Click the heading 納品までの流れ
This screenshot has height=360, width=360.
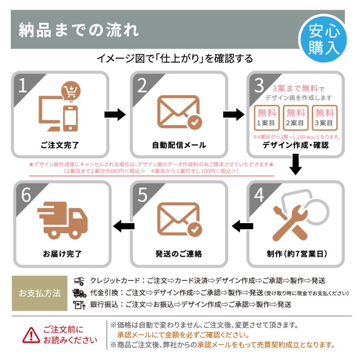[79, 30]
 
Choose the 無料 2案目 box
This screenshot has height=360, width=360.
[296, 118]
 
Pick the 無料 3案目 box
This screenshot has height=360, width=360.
[324, 118]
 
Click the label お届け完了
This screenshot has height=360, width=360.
[62, 254]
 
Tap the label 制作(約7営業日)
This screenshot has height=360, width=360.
[295, 254]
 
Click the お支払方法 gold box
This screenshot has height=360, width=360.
[40, 293]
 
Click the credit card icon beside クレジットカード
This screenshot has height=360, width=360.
[79, 281]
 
